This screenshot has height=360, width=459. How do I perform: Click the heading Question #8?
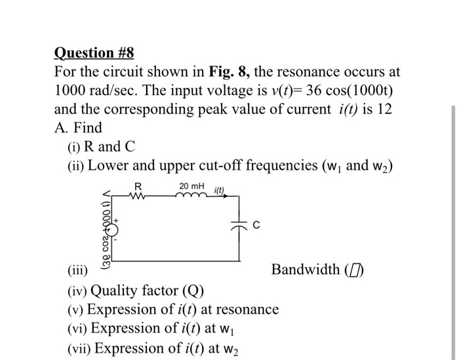(x=94, y=52)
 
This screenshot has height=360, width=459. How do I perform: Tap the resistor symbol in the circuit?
(x=138, y=195)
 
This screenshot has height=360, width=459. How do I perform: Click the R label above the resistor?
(x=138, y=186)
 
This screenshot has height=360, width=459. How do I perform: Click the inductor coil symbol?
(x=191, y=195)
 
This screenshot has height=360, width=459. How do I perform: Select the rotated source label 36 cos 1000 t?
(x=103, y=230)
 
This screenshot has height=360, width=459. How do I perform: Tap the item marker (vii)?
(x=80, y=348)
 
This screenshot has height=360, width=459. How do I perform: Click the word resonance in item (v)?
(x=247, y=309)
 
